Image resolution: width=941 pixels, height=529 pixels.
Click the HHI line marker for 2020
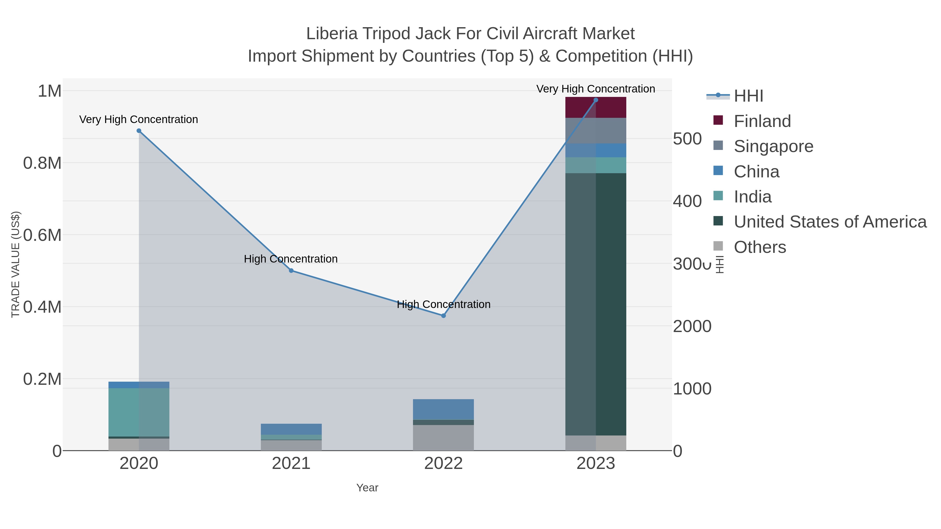pyautogui.click(x=139, y=131)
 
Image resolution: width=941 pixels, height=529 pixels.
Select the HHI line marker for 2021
pyautogui.click(x=291, y=271)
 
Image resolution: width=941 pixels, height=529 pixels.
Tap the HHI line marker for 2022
pyautogui.click(x=444, y=316)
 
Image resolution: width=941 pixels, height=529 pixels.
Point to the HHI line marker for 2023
pyautogui.click(x=596, y=100)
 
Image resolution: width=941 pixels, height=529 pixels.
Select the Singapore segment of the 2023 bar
pyautogui.click(x=596, y=131)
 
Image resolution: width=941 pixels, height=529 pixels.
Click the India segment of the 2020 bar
pyautogui.click(x=139, y=412)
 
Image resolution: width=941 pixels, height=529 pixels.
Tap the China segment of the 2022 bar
pyautogui.click(x=444, y=409)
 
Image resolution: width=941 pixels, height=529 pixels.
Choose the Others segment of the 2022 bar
pyautogui.click(x=444, y=438)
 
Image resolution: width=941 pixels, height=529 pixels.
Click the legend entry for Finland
pyautogui.click(x=762, y=121)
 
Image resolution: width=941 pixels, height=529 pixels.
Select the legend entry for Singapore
pyautogui.click(x=773, y=146)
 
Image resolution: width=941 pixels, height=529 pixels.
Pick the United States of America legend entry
pyautogui.click(x=830, y=222)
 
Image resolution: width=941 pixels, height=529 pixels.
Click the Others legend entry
pyautogui.click(x=760, y=247)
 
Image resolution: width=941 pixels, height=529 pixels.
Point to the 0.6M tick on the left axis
pyautogui.click(x=42, y=235)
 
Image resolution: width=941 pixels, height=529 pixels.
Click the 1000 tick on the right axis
pyautogui.click(x=692, y=389)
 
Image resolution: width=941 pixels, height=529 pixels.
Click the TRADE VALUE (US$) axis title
pyautogui.click(x=15, y=264)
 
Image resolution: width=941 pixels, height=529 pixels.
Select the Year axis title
pyautogui.click(x=367, y=488)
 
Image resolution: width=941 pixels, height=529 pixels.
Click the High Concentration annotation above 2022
pyautogui.click(x=444, y=305)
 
